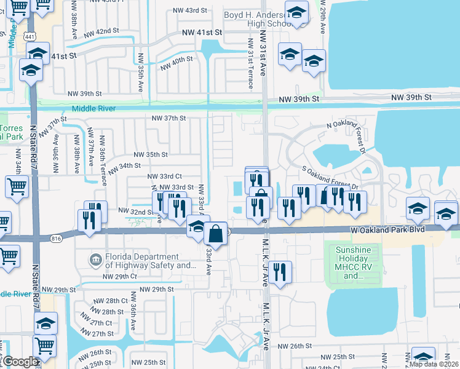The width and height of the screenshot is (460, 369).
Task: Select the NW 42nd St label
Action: pyautogui.click(x=99, y=31)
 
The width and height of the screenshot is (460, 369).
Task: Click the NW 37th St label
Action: pyautogui.click(x=169, y=118)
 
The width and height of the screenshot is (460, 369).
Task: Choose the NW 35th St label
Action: pyautogui.click(x=151, y=154)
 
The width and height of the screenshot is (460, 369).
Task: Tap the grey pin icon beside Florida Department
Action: pyautogui.click(x=95, y=261)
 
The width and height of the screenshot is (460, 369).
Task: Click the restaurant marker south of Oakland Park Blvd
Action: pyautogui.click(x=280, y=272)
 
